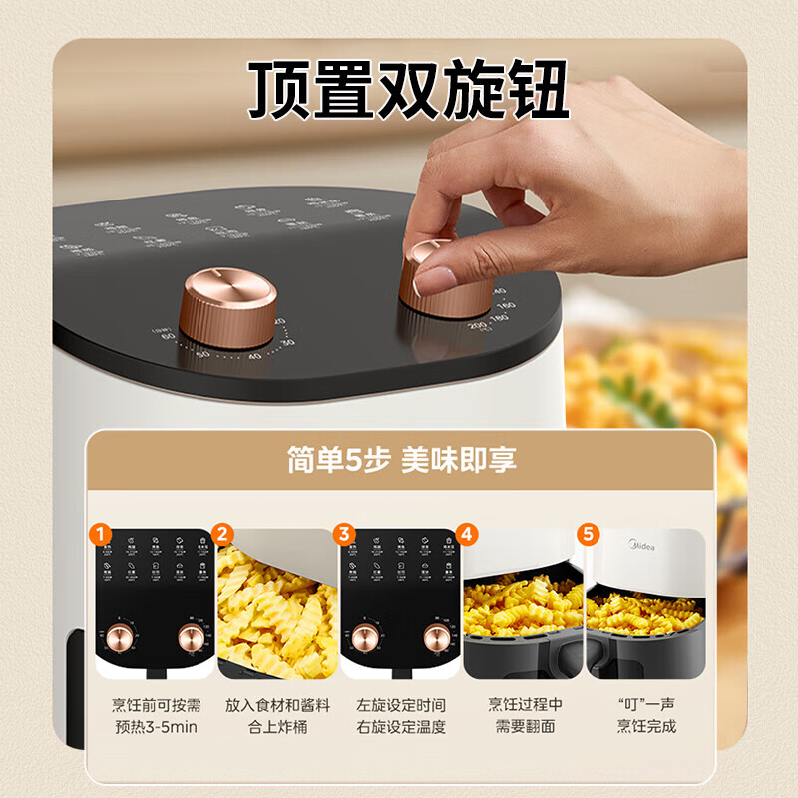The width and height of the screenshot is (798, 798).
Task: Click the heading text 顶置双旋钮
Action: [x=408, y=90]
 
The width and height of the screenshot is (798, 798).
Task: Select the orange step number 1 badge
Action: [x=100, y=533]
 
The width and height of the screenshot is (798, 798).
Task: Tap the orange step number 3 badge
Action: [x=345, y=533]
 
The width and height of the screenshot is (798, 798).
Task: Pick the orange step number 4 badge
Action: [x=468, y=533]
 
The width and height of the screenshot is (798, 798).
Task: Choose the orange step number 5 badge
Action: [x=590, y=533]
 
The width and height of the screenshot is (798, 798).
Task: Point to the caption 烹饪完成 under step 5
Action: [x=645, y=726]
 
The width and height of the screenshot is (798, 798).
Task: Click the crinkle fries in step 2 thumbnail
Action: [x=274, y=608]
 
